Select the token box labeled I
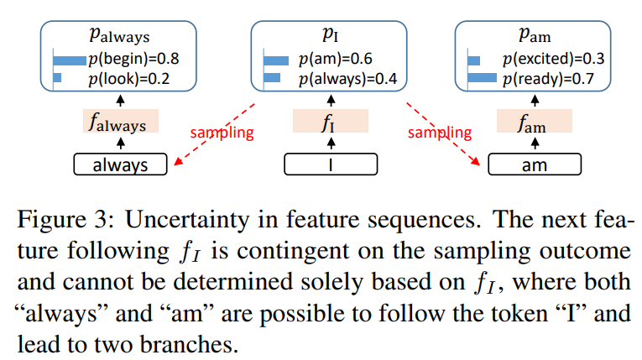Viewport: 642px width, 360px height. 328,164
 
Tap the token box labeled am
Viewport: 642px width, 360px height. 534,164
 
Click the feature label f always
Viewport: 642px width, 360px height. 120,123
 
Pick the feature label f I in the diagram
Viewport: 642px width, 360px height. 328,123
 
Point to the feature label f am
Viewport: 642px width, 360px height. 534,123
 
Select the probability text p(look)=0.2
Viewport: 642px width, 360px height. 128,78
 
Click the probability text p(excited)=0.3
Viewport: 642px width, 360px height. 554,60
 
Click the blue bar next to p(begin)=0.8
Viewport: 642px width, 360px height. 70,60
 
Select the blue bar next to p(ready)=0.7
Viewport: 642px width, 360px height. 483,79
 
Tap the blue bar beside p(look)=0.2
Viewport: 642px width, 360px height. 58,78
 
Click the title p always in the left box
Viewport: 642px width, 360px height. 120,36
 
